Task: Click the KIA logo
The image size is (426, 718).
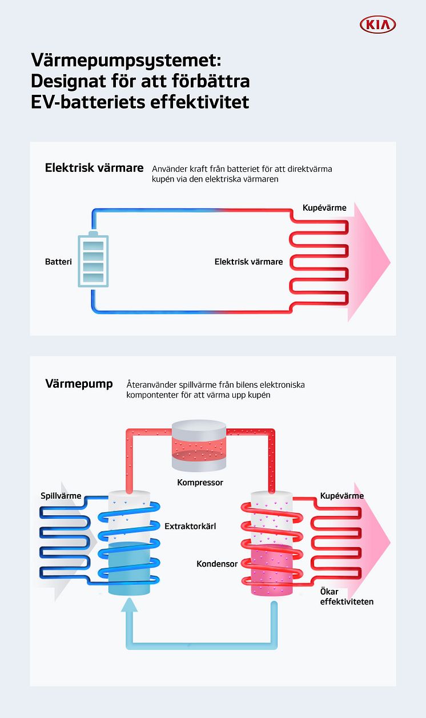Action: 377,25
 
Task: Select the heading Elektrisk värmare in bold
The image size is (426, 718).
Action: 94,169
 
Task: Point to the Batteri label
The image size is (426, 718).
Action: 58,262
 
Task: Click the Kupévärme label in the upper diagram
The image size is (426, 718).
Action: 324,208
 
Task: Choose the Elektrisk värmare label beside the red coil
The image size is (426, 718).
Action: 248,262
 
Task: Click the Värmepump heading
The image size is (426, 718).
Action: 79,384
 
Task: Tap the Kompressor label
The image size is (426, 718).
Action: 200,483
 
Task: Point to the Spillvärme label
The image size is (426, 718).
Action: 61,496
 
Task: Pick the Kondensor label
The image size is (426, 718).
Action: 217,564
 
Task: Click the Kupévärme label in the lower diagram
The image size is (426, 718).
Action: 342,496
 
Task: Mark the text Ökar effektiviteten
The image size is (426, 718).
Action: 347,597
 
